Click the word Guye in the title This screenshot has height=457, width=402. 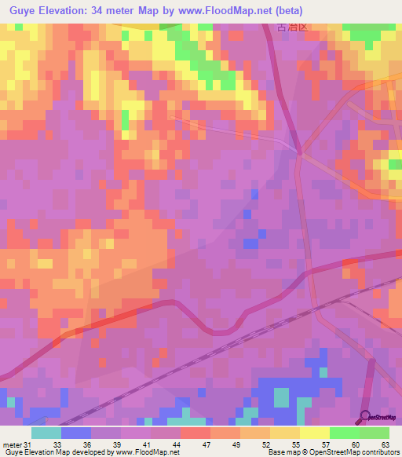(x=23, y=10)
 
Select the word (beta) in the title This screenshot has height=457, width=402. (x=287, y=10)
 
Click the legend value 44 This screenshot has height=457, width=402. (x=178, y=444)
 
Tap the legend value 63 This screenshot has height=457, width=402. (x=386, y=444)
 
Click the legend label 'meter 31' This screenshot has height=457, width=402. (x=16, y=444)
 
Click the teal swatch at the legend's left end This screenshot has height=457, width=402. (x=46, y=433)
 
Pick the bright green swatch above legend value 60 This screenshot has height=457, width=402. (x=345, y=433)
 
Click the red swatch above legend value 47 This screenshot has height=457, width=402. (x=195, y=433)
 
